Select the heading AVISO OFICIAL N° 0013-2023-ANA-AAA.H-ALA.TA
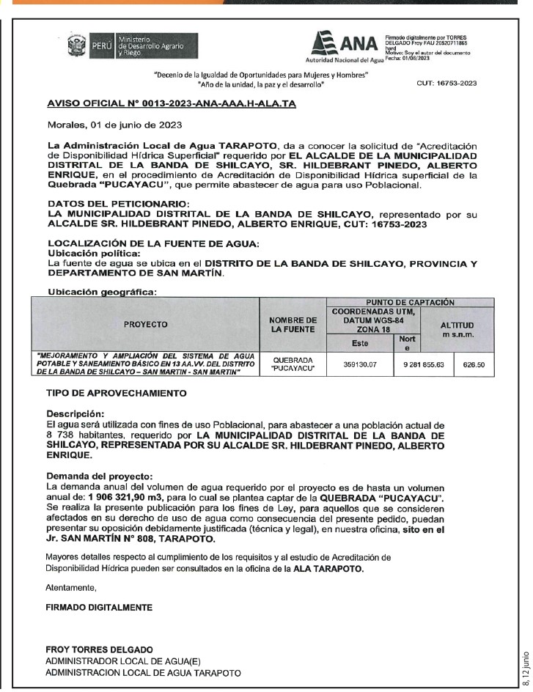171,104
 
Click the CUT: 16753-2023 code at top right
446,83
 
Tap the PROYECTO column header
145,323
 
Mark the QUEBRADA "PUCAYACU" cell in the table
293,364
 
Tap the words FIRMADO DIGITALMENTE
99,608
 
